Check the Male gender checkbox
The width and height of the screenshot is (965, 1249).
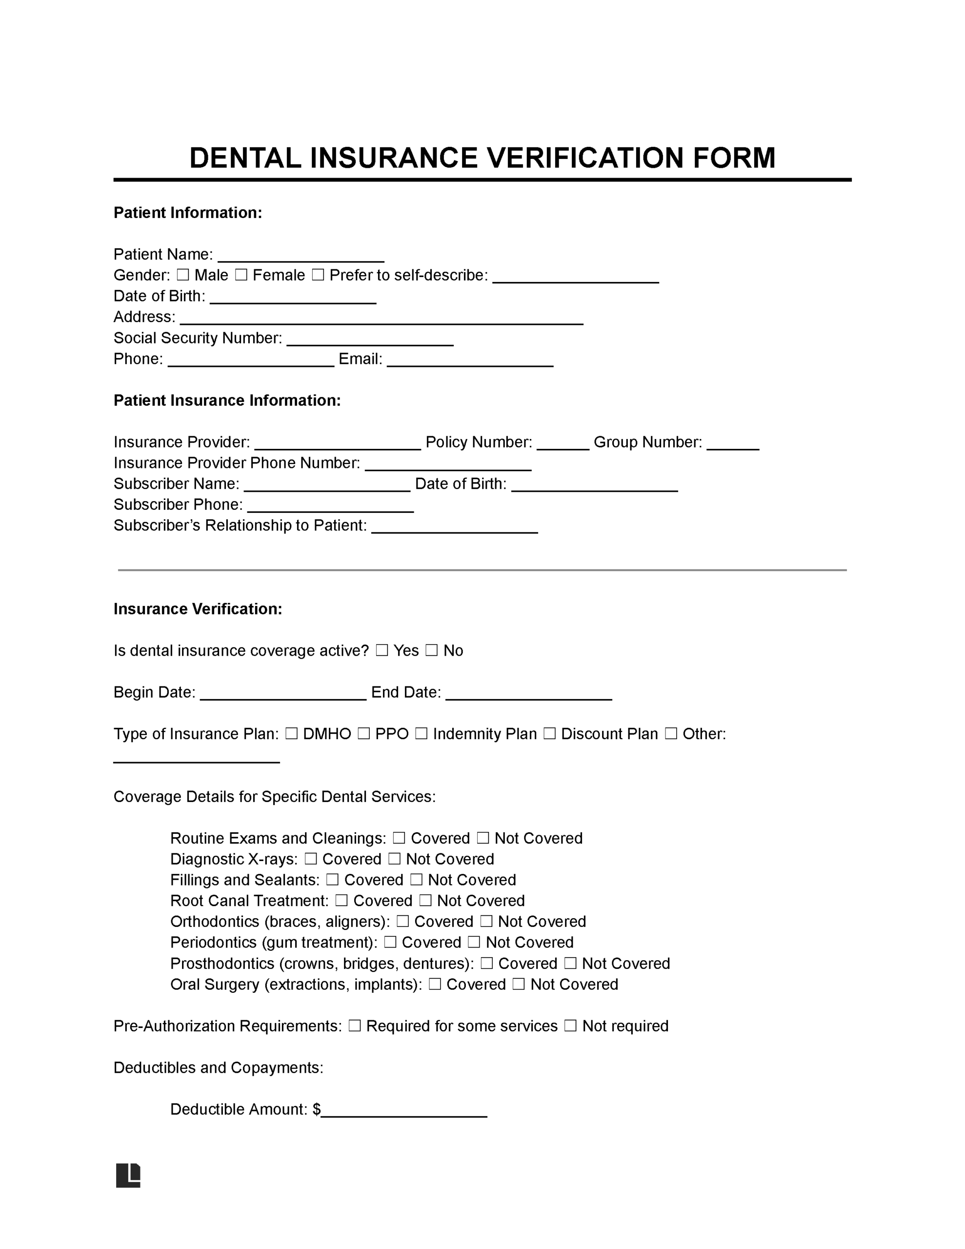(x=182, y=275)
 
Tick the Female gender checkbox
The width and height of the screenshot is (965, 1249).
(x=241, y=275)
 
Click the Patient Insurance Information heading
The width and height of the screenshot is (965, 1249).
(x=227, y=401)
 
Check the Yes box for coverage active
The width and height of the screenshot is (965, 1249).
(x=382, y=650)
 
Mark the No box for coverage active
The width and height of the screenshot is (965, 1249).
(x=431, y=650)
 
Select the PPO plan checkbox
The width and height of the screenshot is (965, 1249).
(x=363, y=734)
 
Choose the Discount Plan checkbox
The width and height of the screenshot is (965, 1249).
(x=549, y=734)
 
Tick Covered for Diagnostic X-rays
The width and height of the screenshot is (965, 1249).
(x=311, y=859)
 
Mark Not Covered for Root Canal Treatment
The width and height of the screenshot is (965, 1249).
(x=425, y=901)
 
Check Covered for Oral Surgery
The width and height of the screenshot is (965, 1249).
(x=435, y=984)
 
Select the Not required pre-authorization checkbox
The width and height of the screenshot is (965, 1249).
(x=570, y=1026)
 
